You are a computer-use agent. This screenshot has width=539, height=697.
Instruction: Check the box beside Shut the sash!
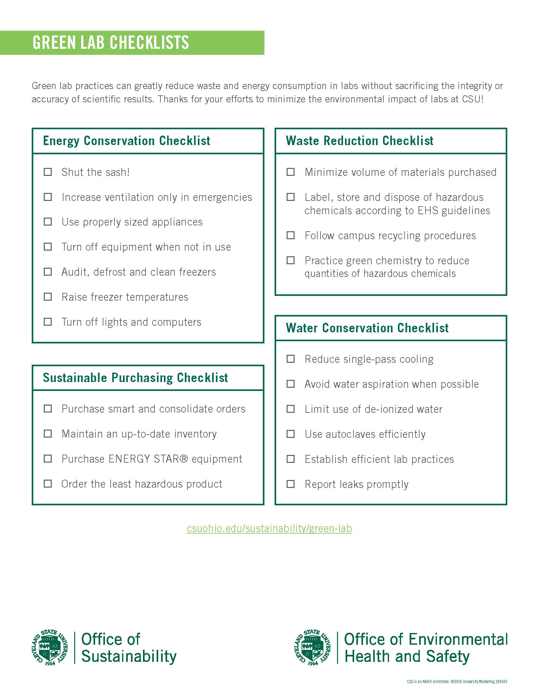[x=48, y=172]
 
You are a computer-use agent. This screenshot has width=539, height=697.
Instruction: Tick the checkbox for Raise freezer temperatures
[x=48, y=297]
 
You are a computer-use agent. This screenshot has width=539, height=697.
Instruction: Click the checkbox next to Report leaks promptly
[x=290, y=484]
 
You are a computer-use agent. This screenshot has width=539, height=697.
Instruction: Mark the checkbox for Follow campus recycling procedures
[x=290, y=235]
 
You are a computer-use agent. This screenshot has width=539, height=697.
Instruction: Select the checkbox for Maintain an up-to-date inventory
[x=48, y=434]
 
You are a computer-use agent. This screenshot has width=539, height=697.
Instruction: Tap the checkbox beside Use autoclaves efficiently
[x=290, y=434]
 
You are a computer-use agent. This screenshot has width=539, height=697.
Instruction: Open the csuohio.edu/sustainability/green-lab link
[x=269, y=528]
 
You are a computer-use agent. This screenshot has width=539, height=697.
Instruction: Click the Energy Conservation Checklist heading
[x=127, y=141]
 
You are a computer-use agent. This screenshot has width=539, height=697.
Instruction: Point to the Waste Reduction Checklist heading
[x=359, y=141]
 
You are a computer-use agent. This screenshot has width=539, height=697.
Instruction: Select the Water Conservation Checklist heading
[x=367, y=328]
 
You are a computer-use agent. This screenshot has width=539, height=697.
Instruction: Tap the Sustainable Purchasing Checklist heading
[x=135, y=378]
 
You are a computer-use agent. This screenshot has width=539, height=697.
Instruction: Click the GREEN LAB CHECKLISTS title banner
[x=110, y=42]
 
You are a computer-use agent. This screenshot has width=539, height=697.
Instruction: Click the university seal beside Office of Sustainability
[x=50, y=648]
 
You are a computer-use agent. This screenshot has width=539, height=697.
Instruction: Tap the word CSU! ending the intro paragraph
[x=473, y=99]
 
